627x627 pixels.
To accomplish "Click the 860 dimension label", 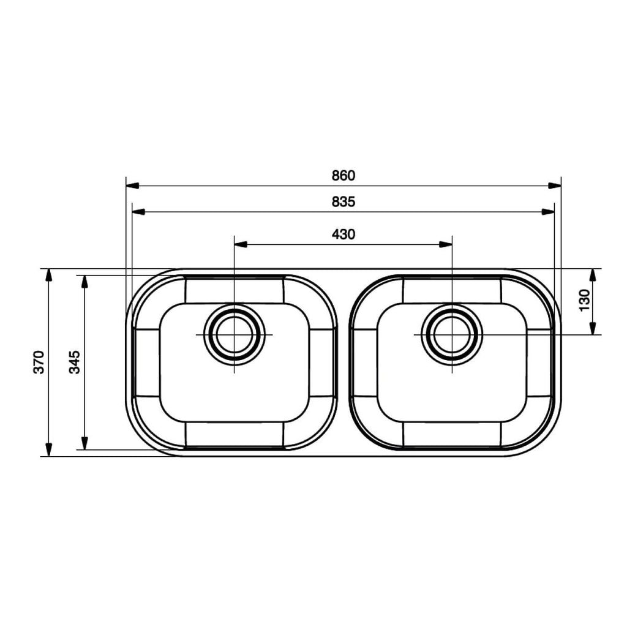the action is pyautogui.click(x=343, y=176).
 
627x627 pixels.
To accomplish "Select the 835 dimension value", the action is pyautogui.click(x=343, y=202).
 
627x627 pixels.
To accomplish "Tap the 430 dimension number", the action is pyautogui.click(x=343, y=235).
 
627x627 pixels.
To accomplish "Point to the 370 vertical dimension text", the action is pyautogui.click(x=39, y=362).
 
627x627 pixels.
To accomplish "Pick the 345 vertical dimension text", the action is pyautogui.click(x=74, y=362).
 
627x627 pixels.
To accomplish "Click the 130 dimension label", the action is pyautogui.click(x=584, y=300).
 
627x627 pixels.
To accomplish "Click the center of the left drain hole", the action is pyautogui.click(x=235, y=334).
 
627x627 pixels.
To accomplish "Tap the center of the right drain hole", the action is pyautogui.click(x=452, y=334).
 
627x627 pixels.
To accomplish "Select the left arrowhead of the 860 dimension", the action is pyautogui.click(x=132, y=186).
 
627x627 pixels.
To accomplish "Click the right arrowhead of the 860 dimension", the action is pyautogui.click(x=554, y=186).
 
